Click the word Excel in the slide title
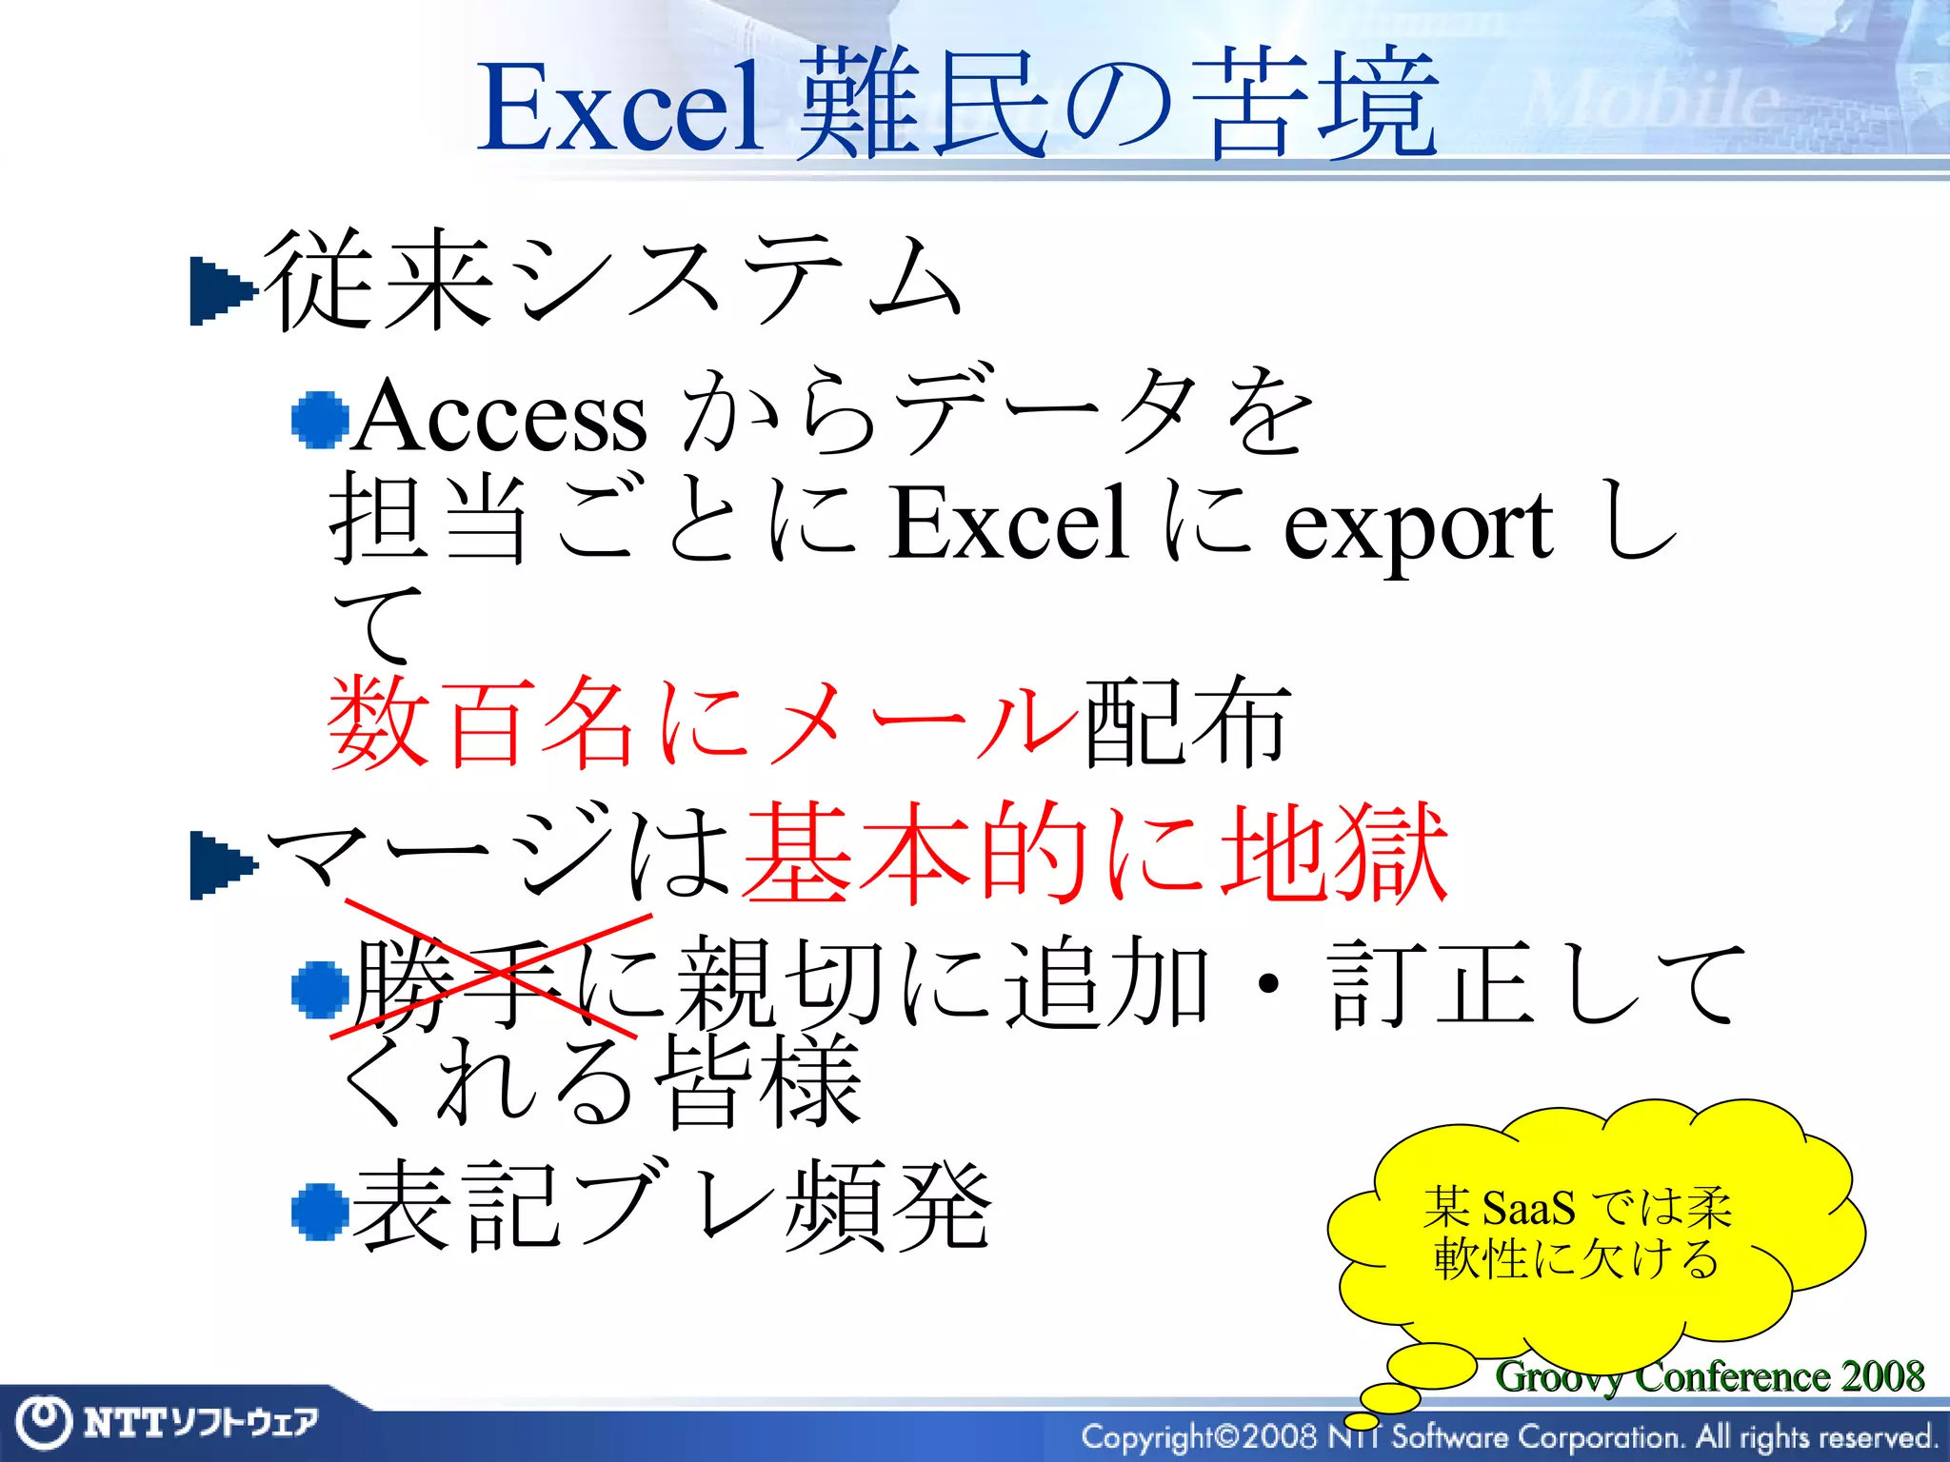(x=619, y=107)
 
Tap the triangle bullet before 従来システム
(x=223, y=291)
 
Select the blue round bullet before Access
(x=320, y=420)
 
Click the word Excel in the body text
(x=1009, y=523)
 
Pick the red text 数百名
(x=481, y=723)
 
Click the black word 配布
(x=1186, y=723)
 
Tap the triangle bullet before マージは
(x=223, y=865)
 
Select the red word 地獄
(x=1333, y=852)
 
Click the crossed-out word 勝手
(x=457, y=983)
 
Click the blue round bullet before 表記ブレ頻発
(x=320, y=1212)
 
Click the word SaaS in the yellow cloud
(x=1528, y=1209)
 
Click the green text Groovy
(x=1558, y=1376)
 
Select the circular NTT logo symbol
(x=44, y=1422)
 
